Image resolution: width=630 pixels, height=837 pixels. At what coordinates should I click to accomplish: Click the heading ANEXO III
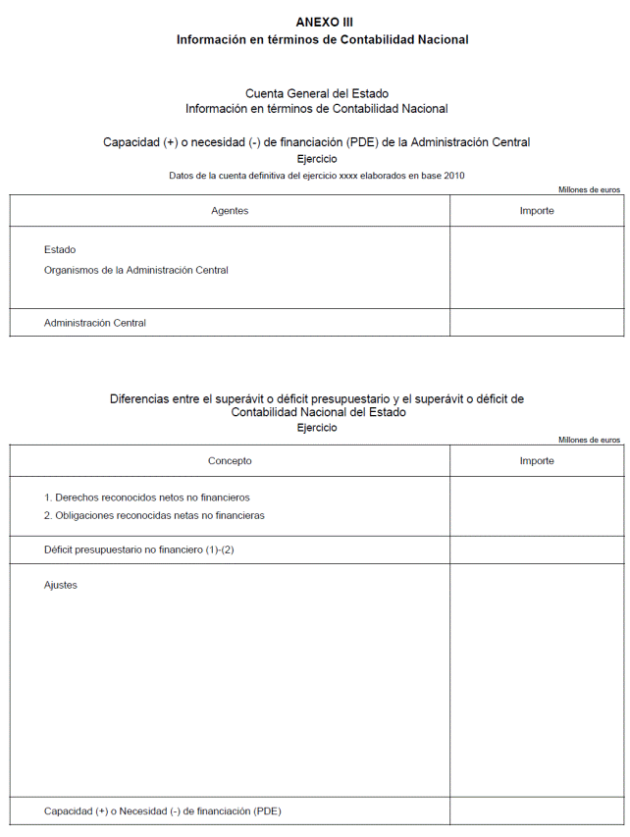324,22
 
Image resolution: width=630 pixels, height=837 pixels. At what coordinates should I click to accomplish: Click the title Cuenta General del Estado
316,94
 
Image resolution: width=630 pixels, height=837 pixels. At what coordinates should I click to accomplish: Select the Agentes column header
230,211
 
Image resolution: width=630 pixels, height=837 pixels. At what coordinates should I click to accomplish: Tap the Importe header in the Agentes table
537,211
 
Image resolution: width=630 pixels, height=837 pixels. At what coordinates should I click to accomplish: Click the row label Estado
60,250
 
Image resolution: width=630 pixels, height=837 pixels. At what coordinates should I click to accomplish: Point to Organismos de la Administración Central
135,270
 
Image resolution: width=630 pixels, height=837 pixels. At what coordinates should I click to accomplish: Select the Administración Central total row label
95,323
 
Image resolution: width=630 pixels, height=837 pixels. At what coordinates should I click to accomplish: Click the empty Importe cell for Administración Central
537,323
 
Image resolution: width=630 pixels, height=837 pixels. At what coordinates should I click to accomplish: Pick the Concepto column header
230,461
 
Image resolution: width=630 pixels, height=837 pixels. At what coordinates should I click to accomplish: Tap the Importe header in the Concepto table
537,461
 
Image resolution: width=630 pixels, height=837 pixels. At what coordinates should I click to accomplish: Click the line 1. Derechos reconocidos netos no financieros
147,497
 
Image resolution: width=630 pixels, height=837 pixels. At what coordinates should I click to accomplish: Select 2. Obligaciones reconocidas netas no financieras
154,515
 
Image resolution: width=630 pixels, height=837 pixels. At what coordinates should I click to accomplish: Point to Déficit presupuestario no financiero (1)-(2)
138,549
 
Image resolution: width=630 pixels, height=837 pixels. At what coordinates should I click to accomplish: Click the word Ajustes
61,586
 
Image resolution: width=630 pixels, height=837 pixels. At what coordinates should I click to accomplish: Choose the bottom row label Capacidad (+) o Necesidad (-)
163,811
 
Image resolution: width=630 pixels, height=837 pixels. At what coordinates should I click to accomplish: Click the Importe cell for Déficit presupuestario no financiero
537,549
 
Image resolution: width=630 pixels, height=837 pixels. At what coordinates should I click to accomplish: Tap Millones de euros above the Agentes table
589,189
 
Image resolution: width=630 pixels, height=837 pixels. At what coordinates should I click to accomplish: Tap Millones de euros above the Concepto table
589,440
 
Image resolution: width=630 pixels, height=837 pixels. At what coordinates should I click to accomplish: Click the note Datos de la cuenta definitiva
316,176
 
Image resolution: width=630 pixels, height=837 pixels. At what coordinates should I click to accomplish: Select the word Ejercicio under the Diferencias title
316,428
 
